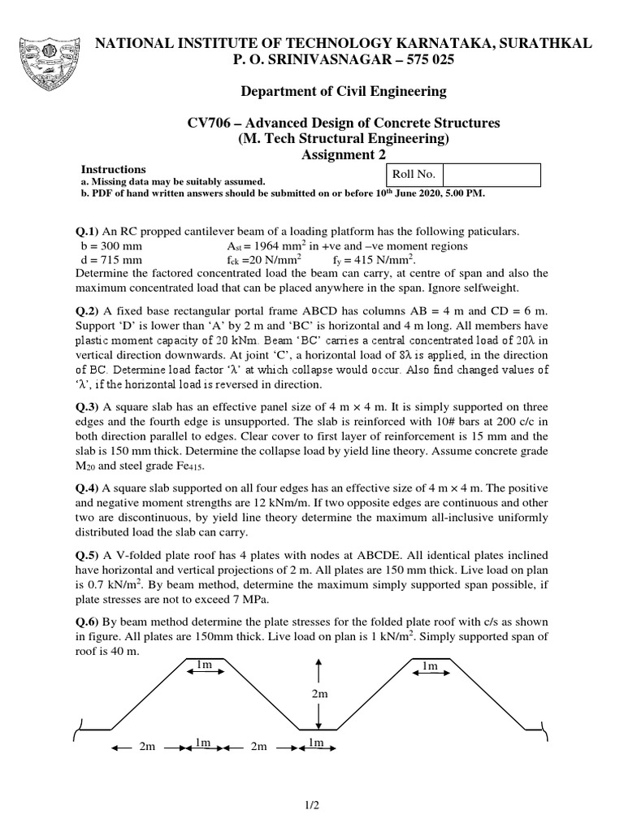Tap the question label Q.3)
click(86, 406)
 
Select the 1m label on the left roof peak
click(204, 665)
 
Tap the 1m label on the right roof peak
click(430, 665)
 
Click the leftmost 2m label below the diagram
click(147, 746)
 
